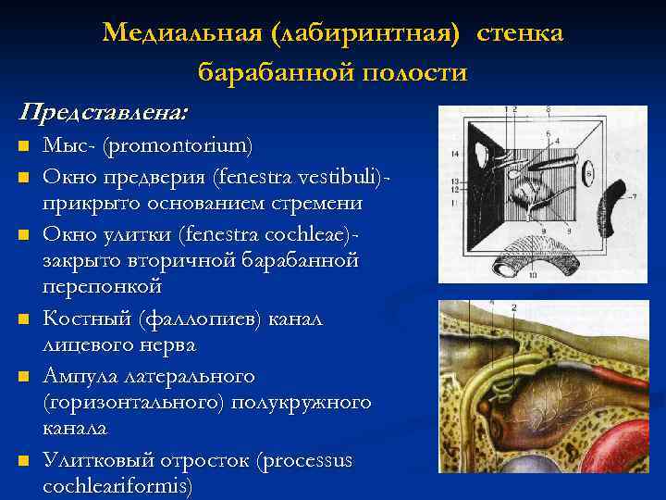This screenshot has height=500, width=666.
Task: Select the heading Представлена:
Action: [x=103, y=112]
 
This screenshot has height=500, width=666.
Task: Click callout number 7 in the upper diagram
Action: [x=634, y=197]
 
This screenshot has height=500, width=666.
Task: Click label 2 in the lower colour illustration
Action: [x=513, y=307]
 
